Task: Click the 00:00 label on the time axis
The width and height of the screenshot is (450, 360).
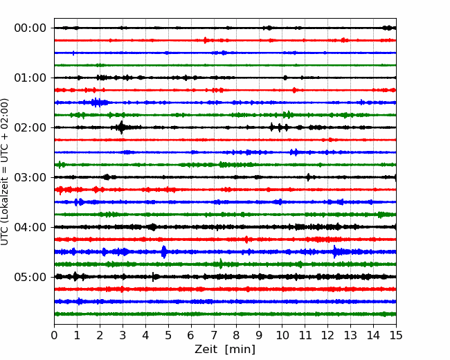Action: (x=30, y=28)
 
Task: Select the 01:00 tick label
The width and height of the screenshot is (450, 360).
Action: (x=30, y=78)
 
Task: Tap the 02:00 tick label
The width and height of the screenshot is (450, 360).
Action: (x=30, y=128)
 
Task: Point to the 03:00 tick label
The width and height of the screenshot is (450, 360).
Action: (x=30, y=177)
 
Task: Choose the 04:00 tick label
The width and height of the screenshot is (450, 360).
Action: (x=30, y=227)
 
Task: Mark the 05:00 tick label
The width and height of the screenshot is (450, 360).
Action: (x=30, y=277)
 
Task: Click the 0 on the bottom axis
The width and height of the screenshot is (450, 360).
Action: (x=54, y=335)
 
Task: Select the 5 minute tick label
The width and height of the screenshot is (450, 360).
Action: (x=168, y=335)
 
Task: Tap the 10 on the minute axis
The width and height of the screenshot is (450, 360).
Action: (x=282, y=335)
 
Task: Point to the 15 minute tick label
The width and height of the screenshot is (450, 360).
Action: (x=396, y=335)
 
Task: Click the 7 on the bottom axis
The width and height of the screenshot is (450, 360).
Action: (x=214, y=335)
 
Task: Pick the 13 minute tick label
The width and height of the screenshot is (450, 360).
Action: (x=350, y=335)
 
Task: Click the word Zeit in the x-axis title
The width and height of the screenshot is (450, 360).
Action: (x=206, y=349)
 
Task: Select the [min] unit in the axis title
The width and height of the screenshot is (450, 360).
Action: (x=240, y=350)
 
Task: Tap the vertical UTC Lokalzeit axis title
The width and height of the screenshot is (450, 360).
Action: (x=5, y=172)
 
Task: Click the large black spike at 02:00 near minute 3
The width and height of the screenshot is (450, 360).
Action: (x=122, y=127)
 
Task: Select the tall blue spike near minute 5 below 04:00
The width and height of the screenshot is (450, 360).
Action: (x=164, y=252)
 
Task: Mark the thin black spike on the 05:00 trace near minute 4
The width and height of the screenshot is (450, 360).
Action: (x=153, y=277)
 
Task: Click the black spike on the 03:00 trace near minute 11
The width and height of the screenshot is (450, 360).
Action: (x=309, y=177)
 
